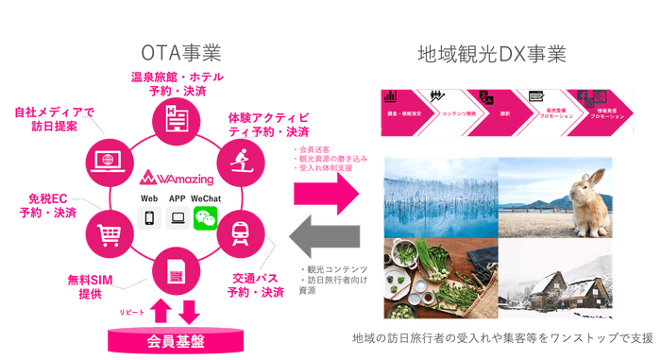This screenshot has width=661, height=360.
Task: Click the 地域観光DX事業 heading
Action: point(492,53)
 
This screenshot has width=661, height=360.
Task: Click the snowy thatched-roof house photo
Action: point(556,274)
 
